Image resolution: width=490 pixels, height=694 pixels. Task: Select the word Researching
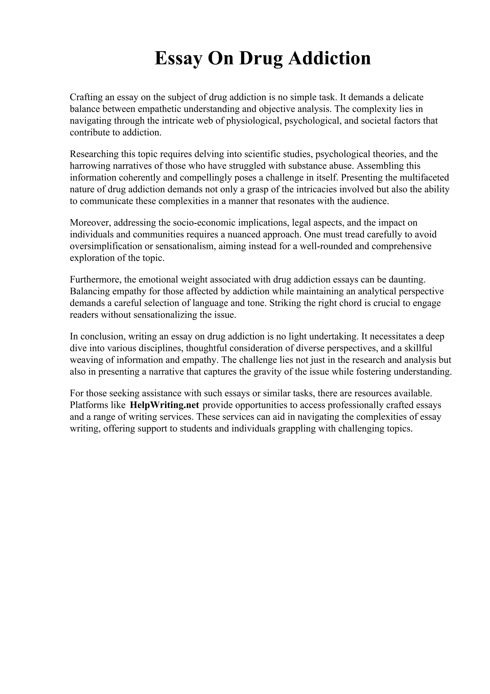[x=94, y=154]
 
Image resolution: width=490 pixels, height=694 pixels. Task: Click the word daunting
[x=410, y=280]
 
